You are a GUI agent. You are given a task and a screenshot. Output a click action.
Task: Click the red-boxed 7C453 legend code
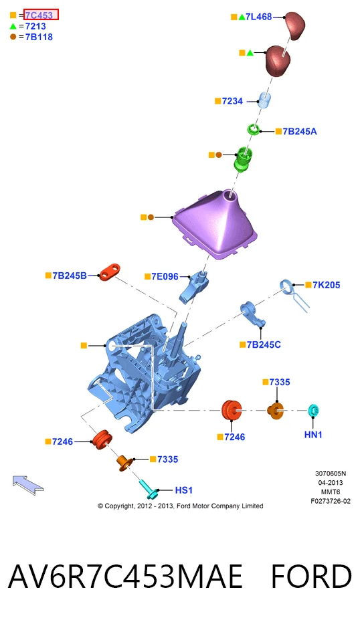[x=39, y=15]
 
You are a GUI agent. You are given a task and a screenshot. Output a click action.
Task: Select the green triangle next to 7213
[x=13, y=26]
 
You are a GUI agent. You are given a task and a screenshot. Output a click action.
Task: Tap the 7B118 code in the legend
[x=39, y=37]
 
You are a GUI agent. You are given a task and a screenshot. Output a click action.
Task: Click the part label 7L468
[x=258, y=17]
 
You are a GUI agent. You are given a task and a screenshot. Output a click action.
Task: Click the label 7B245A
[x=300, y=131]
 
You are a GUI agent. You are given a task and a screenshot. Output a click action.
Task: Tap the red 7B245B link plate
[x=110, y=272]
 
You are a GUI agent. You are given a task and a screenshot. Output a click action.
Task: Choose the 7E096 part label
[x=165, y=276]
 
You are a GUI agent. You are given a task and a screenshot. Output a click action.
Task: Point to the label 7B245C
[x=264, y=344]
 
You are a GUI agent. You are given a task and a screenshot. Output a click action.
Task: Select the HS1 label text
[x=184, y=490]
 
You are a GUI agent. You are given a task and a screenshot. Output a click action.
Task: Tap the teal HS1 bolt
[x=148, y=489]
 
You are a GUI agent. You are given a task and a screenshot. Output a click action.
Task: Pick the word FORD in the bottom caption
[x=311, y=577]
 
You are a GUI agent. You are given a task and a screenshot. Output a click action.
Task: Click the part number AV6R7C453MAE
[x=125, y=577]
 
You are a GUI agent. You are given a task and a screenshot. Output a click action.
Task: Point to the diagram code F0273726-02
[x=331, y=501]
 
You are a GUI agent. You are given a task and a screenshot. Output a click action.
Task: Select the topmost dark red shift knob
[x=294, y=25]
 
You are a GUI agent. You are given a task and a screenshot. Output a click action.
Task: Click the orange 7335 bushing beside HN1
[x=276, y=411]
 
